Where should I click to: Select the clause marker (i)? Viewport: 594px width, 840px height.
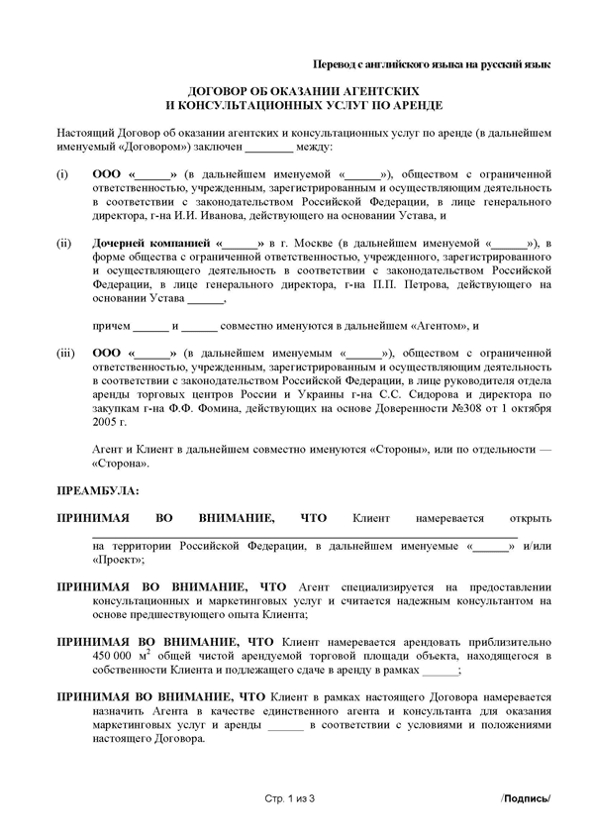(61, 174)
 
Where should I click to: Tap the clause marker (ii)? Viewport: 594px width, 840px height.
(63, 243)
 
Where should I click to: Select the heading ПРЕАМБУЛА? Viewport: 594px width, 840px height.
(98, 489)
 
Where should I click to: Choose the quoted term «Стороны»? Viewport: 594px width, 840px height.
(395, 448)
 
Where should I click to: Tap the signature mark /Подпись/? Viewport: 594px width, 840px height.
(525, 798)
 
